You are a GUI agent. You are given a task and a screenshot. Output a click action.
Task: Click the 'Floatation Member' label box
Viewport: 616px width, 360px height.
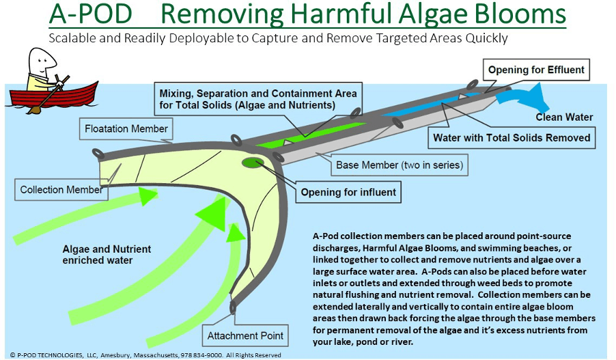point(126,128)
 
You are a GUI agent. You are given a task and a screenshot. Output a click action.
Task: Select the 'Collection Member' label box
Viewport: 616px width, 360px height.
point(61,189)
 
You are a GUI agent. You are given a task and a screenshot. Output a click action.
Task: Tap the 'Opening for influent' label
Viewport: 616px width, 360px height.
point(348,192)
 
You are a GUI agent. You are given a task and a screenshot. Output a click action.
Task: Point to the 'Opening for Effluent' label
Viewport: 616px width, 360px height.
point(536,70)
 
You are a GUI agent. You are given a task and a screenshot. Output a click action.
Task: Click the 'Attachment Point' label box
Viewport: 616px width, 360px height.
point(245,335)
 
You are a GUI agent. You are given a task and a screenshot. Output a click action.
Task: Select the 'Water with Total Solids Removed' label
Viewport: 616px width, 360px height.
point(512,137)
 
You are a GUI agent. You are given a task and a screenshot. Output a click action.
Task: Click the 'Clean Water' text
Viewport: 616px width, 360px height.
point(564,117)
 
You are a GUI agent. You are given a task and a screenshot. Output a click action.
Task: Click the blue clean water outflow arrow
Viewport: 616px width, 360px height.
point(519,98)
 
